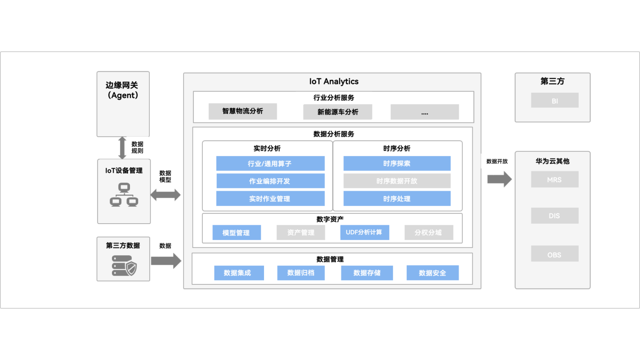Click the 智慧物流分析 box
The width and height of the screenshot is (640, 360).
(242, 111)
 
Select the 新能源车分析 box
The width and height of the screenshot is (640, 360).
(338, 112)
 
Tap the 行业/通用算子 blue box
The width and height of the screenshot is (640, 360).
(270, 164)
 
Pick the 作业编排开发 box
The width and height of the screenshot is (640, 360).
(270, 181)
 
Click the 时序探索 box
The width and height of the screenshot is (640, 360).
(397, 164)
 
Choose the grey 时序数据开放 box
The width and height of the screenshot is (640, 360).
(397, 181)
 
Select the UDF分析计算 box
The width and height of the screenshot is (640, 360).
(364, 232)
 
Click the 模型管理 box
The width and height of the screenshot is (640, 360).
(236, 233)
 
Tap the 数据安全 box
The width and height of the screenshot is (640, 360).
(432, 273)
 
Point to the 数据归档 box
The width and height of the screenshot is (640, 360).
(301, 273)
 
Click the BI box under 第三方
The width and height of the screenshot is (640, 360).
(554, 101)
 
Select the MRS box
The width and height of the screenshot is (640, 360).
(554, 180)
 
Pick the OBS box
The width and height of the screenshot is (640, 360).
(554, 254)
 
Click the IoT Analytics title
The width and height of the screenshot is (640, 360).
(334, 82)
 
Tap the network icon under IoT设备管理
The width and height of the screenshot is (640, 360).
(124, 195)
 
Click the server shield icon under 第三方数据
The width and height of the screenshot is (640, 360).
(124, 266)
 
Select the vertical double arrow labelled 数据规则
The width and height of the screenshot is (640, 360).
(122, 148)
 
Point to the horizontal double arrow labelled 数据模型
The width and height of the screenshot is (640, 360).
(166, 195)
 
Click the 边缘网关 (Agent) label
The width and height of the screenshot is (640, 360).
(122, 90)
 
